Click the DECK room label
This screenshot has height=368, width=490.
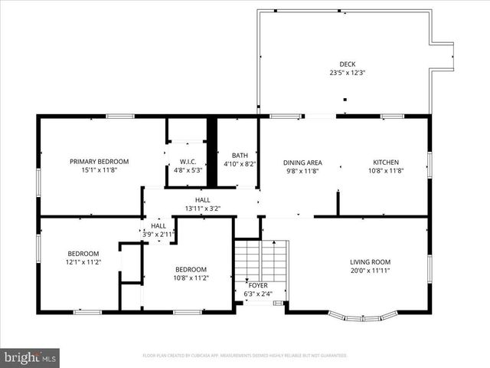(x=348, y=64)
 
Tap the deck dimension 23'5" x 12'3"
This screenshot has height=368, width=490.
(x=348, y=73)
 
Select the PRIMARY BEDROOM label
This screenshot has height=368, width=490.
(x=100, y=162)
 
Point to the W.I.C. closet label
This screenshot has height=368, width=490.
(x=188, y=162)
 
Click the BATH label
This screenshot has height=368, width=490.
(x=240, y=155)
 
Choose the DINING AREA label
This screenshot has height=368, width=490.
(x=302, y=163)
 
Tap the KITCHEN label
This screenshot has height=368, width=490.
(x=386, y=163)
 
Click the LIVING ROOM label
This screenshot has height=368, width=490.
(x=371, y=261)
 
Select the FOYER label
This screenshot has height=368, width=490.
(x=259, y=284)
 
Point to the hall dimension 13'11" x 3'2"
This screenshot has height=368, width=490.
(x=202, y=209)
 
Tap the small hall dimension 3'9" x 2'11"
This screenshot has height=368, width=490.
(x=158, y=234)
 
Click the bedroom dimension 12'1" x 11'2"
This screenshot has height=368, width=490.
(x=83, y=262)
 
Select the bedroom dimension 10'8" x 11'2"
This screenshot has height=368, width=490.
(x=191, y=278)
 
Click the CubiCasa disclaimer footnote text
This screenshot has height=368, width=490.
(x=245, y=356)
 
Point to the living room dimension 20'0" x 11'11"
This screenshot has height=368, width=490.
(x=371, y=270)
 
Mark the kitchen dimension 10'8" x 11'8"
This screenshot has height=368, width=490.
(x=386, y=171)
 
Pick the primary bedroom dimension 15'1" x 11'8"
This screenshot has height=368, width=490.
(x=100, y=170)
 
